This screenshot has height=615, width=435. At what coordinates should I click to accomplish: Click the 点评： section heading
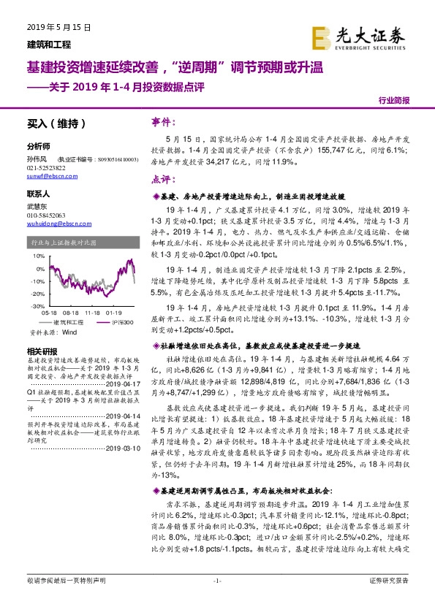(162, 179)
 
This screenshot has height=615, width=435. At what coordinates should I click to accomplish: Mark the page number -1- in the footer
(216, 600)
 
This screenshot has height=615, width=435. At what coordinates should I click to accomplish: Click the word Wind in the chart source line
(69, 332)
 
